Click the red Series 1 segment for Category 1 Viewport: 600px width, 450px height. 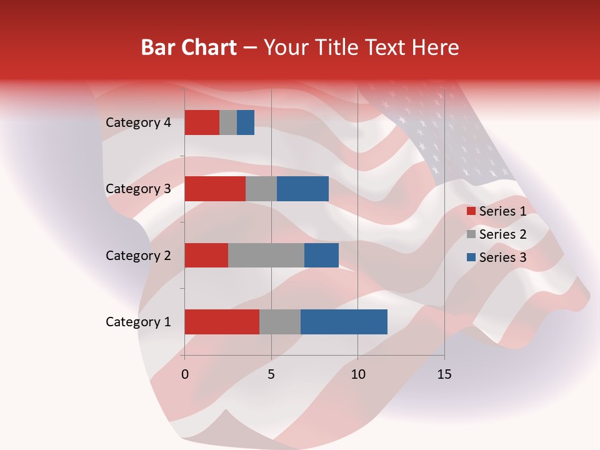point(222,322)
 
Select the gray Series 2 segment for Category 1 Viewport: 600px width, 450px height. point(280,322)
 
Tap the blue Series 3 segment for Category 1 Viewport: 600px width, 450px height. point(344,322)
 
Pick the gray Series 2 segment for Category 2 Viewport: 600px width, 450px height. point(266,255)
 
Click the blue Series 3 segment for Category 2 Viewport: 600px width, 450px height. point(321,255)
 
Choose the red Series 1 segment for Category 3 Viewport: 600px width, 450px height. point(215,189)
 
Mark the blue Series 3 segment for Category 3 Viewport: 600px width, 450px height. point(302,189)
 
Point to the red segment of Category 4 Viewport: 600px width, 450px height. point(202,122)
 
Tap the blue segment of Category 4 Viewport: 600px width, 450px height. point(246,122)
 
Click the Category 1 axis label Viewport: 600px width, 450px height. point(138,322)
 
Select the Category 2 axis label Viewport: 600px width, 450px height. point(138,256)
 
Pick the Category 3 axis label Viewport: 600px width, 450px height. point(138,189)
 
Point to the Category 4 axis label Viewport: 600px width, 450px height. point(138,122)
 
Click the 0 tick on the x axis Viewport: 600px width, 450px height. point(185,374)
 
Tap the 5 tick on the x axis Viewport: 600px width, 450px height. point(271,374)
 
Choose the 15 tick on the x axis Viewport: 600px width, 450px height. point(444,374)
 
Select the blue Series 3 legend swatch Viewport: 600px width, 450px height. point(471,257)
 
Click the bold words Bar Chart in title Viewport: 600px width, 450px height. point(189,47)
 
